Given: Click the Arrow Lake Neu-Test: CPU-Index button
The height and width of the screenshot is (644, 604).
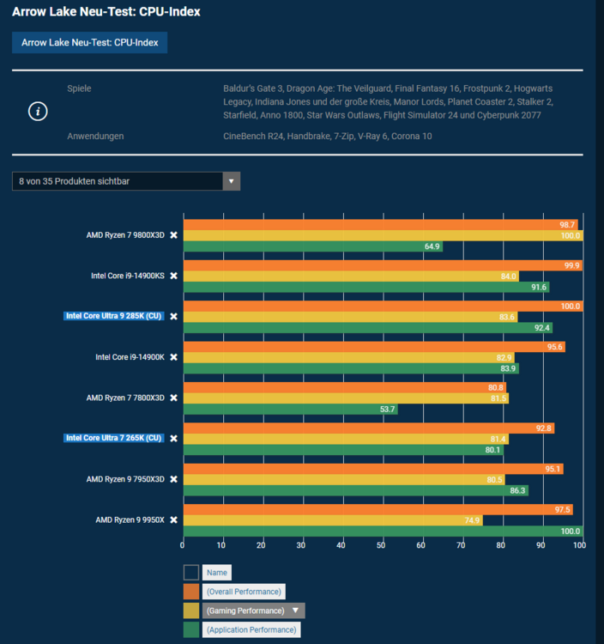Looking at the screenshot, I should pos(89,42).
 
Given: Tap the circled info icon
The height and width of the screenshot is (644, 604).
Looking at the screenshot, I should pos(38,112).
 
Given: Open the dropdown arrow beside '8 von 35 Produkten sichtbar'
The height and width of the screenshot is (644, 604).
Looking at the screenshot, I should pos(232,181).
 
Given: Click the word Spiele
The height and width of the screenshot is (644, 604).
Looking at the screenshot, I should pos(79,88).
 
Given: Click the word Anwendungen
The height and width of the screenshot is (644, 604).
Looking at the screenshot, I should pos(95,136).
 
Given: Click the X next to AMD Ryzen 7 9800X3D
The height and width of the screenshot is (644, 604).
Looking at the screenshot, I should pos(173,235).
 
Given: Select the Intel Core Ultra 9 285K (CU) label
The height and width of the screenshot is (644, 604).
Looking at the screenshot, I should pos(113,316).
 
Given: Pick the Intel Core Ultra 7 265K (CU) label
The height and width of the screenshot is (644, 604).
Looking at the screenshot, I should pos(113,438).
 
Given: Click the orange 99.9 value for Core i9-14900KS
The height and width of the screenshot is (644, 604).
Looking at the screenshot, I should pos(571,265).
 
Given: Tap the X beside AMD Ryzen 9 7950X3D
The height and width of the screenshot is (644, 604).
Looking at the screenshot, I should pos(173,479).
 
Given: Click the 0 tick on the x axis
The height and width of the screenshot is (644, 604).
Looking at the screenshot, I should pos(183,544).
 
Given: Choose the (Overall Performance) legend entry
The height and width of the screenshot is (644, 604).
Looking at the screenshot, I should pos(243,592).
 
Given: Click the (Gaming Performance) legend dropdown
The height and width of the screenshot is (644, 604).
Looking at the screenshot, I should pos(253,611).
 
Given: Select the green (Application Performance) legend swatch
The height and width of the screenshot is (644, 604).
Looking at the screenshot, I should pos(190,630).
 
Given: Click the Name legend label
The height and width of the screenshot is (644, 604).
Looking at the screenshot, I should pos(217,573).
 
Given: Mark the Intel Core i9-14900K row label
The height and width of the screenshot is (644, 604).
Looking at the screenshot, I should pos(130,357).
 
